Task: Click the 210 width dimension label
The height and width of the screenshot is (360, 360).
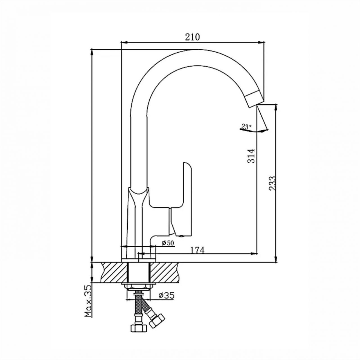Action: [192, 37]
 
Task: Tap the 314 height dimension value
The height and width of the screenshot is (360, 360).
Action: [251, 156]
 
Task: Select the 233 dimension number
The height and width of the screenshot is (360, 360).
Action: [272, 183]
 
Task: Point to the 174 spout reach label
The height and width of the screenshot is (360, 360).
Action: [197, 250]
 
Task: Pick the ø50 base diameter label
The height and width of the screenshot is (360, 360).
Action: [168, 243]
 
